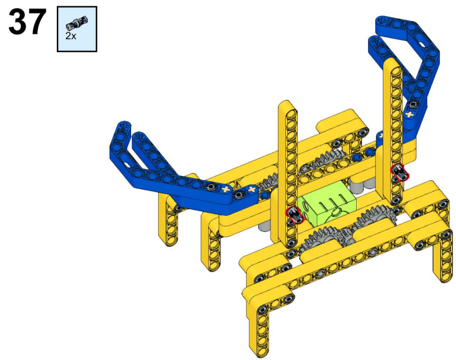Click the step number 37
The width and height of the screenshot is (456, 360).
27,22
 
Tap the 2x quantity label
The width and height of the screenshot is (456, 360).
71,36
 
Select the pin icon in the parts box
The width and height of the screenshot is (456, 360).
77,23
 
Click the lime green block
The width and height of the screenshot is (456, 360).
327,204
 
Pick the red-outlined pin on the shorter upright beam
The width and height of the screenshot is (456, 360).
294,215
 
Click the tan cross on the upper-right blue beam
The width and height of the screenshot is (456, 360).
409,114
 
